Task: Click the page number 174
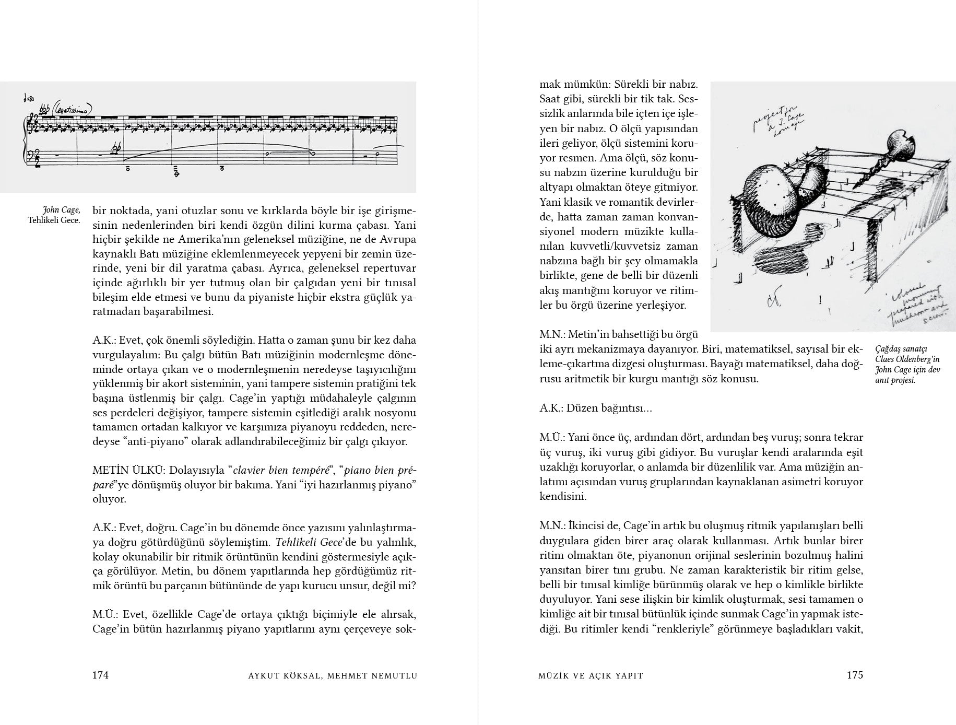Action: [x=100, y=675]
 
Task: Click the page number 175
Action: [x=855, y=675]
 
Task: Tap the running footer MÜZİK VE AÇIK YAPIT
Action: [x=591, y=675]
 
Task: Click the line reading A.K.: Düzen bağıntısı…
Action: [x=596, y=408]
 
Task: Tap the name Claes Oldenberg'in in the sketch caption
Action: [x=907, y=359]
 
